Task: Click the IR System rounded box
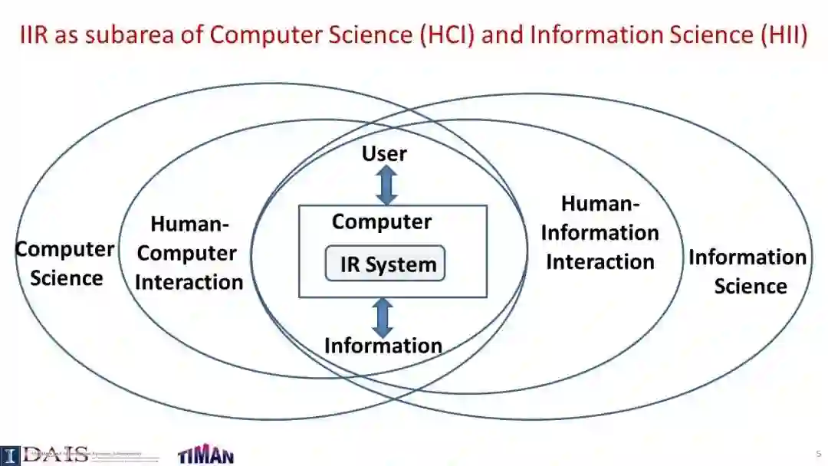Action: point(385,264)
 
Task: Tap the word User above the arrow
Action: point(384,153)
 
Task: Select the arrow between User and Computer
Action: point(387,185)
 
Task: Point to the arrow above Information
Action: point(382,317)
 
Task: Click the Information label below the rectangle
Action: point(383,346)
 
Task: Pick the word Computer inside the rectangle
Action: point(382,222)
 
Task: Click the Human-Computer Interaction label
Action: point(189,253)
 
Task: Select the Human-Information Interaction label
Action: point(600,232)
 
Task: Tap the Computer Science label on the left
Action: point(66,263)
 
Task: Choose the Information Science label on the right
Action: point(748,271)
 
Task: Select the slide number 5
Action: point(818,454)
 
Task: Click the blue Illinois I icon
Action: point(9,455)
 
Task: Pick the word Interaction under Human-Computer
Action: point(189,282)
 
